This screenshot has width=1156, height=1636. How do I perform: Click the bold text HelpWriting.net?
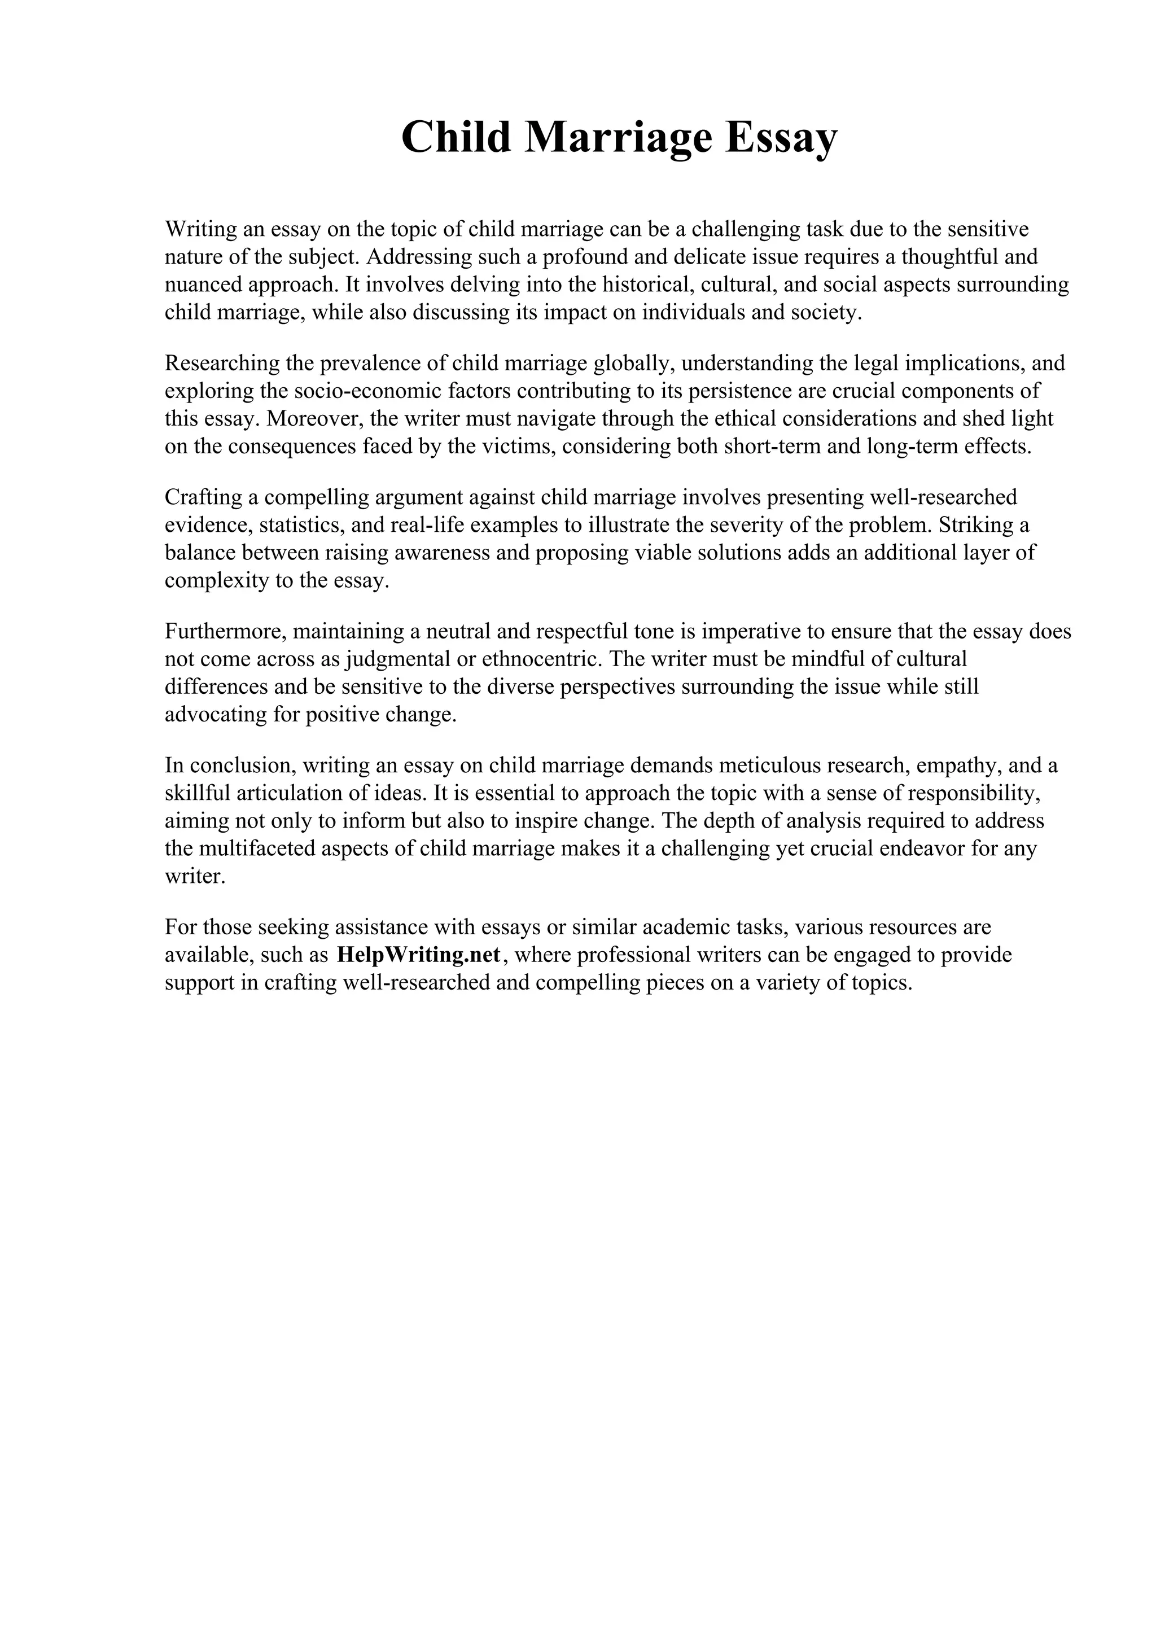tap(419, 955)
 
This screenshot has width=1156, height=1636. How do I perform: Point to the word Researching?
tap(222, 364)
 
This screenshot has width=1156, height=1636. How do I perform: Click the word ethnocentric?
tap(541, 659)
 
